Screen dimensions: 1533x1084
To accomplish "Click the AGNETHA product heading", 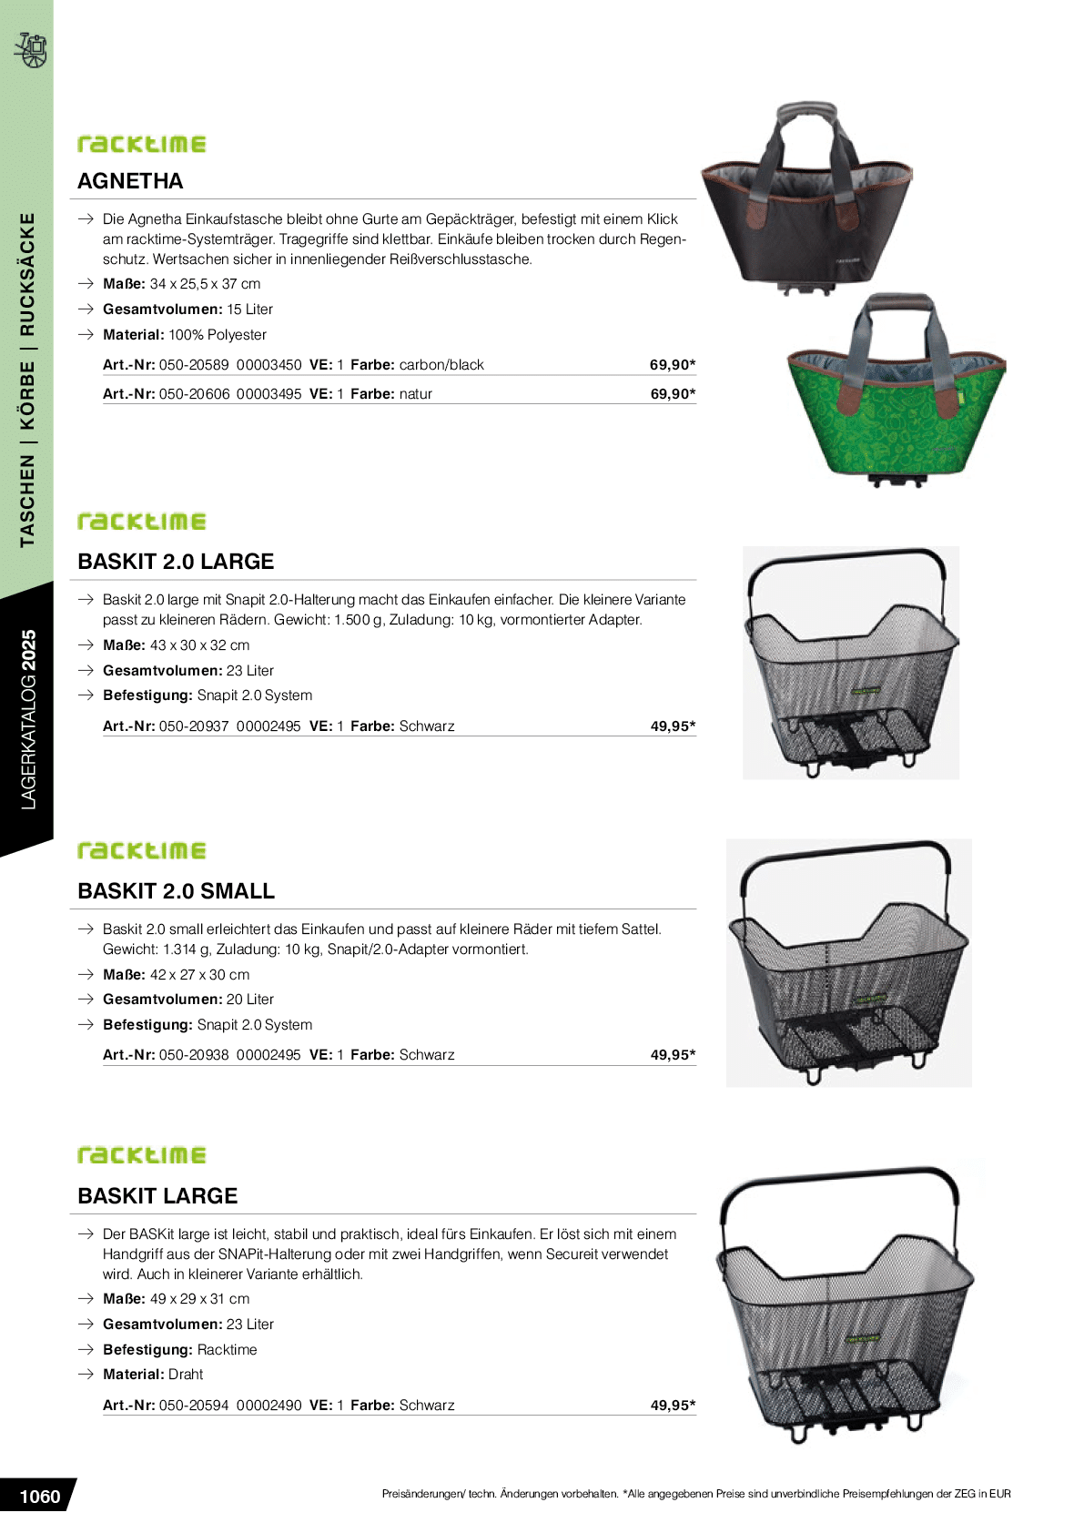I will point(130,181).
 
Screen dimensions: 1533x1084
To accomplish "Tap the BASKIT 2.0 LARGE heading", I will point(176,562).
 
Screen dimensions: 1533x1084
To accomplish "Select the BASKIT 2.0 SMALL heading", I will point(176,891).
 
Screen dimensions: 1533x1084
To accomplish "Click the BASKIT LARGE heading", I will point(157,1196).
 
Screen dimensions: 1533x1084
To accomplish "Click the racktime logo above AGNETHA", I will point(142,144).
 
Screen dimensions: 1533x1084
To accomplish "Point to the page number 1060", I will point(39,1497).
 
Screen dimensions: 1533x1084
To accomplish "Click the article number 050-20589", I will point(194,365).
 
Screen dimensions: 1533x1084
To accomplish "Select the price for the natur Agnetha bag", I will point(673,394).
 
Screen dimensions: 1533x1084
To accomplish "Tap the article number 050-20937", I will point(194,726).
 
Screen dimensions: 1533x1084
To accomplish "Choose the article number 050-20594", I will point(194,1406).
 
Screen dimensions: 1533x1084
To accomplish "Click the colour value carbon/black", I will point(441,365).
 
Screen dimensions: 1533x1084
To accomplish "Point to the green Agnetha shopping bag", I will point(897,401).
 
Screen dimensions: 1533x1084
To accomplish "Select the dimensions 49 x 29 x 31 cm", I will point(199,1299).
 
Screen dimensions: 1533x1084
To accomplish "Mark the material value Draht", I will point(186,1375).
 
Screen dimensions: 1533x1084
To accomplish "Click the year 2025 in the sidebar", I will point(28,650).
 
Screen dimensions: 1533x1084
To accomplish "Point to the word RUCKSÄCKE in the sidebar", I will point(28,274).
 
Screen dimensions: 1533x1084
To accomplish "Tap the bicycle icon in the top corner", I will point(31,50).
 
